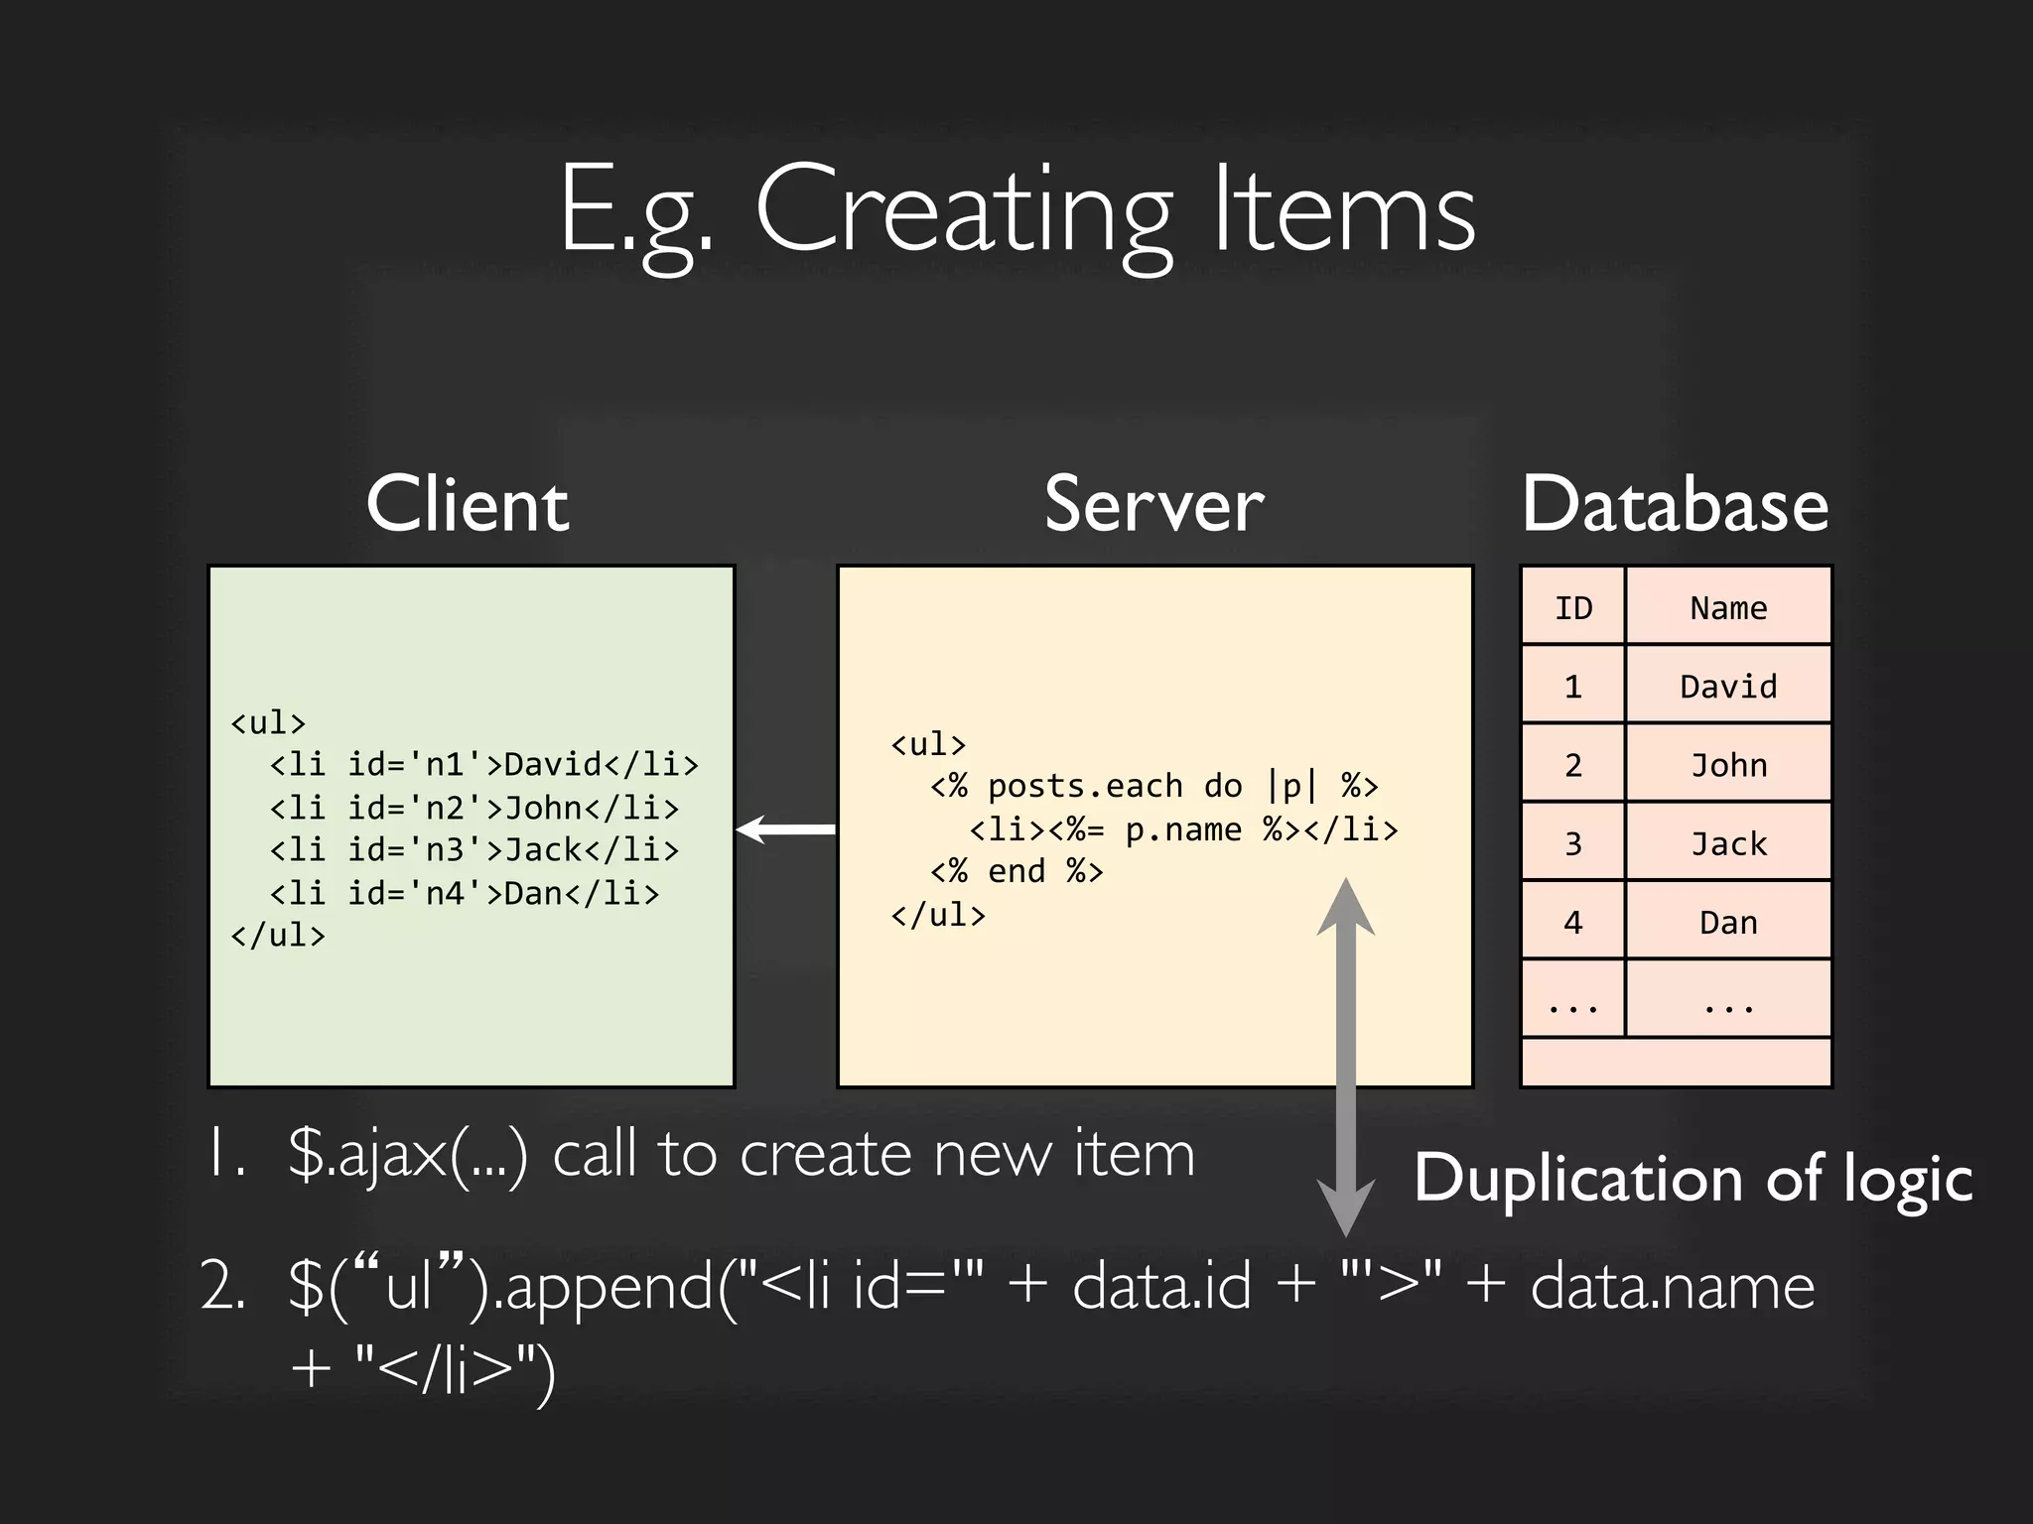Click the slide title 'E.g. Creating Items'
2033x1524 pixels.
click(1016, 213)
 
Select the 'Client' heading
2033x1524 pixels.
click(468, 504)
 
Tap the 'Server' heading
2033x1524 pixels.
click(1153, 504)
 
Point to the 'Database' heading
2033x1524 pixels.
click(1675, 504)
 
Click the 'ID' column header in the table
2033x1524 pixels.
click(1573, 607)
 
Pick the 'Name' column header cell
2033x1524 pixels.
click(1728, 607)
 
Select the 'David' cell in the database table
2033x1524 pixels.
click(1728, 686)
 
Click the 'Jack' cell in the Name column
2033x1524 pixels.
click(1728, 843)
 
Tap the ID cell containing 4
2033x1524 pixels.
click(1573, 923)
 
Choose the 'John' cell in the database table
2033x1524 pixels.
click(1728, 765)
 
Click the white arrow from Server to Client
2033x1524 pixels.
click(786, 828)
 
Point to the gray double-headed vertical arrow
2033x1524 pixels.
click(1345, 1057)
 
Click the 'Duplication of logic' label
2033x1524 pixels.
click(1693, 1179)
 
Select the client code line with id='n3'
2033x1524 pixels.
click(474, 850)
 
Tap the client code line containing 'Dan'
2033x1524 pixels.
click(465, 893)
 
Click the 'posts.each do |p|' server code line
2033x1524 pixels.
click(1153, 786)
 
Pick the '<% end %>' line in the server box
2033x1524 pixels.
click(1016, 871)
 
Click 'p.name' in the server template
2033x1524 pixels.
click(1182, 829)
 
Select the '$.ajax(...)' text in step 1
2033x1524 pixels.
click(408, 1155)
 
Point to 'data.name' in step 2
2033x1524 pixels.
click(1672, 1286)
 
